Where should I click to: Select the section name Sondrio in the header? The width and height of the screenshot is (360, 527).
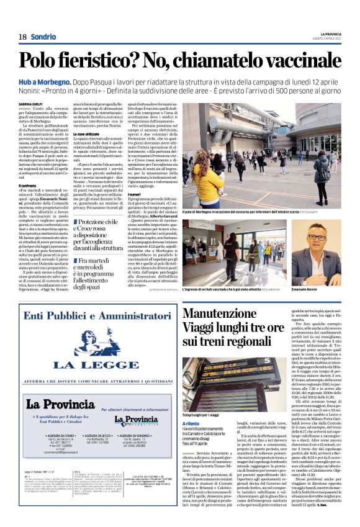[x=42, y=37]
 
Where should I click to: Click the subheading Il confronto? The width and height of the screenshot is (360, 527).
[x=30, y=184]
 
